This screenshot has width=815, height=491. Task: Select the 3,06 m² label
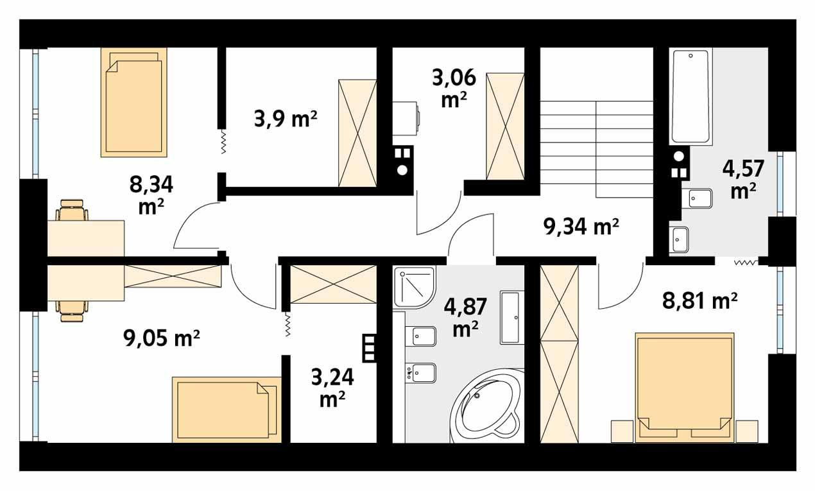point(454,89)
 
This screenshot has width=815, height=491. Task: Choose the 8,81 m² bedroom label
point(698,299)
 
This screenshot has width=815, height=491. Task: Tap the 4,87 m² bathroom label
point(462,316)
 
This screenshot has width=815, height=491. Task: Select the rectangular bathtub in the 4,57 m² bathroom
point(691,98)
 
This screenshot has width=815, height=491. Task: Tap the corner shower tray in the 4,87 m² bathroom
point(413,287)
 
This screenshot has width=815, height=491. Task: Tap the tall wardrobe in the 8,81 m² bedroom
point(559,353)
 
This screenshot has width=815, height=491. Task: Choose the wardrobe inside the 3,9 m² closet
point(357,133)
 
